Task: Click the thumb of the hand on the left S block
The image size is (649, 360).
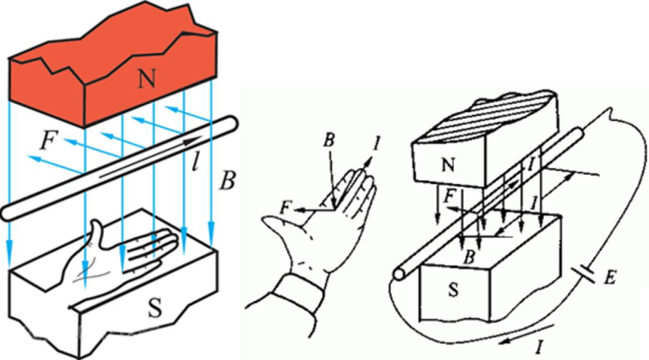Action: [x=97, y=233]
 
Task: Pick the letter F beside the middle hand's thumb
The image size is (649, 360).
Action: [x=283, y=208]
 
